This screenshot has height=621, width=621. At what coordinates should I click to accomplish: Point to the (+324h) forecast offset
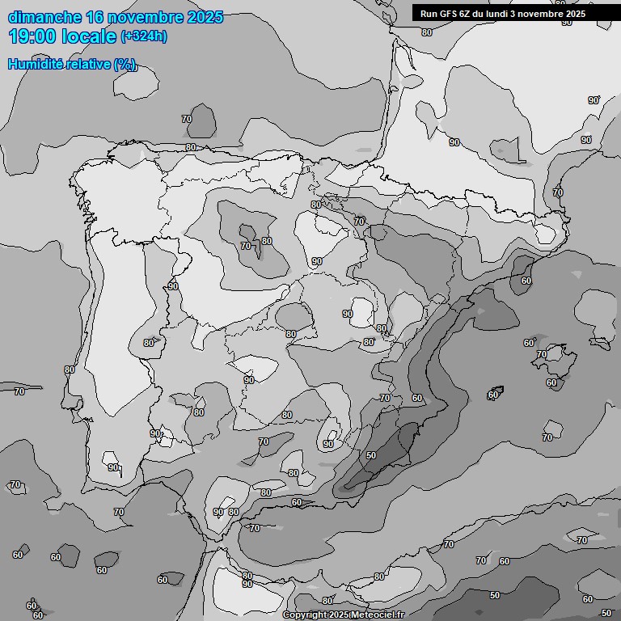(x=145, y=36)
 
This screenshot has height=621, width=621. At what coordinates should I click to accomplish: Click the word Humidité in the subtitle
(x=33, y=65)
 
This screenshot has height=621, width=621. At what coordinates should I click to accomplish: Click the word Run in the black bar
(x=429, y=14)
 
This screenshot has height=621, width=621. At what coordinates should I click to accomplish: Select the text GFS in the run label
(x=448, y=14)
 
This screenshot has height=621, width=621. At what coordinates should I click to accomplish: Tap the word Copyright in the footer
(x=304, y=615)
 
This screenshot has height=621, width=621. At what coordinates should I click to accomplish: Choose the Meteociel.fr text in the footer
(x=381, y=615)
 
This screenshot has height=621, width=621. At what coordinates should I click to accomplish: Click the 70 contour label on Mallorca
(x=542, y=354)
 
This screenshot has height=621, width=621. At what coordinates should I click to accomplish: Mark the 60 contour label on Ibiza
(x=493, y=395)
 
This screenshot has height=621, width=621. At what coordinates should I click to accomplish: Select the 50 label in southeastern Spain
(x=371, y=455)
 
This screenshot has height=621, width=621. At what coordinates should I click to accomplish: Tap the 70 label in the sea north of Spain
(x=187, y=119)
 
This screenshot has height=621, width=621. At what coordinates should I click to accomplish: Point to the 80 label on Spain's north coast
(x=191, y=147)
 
